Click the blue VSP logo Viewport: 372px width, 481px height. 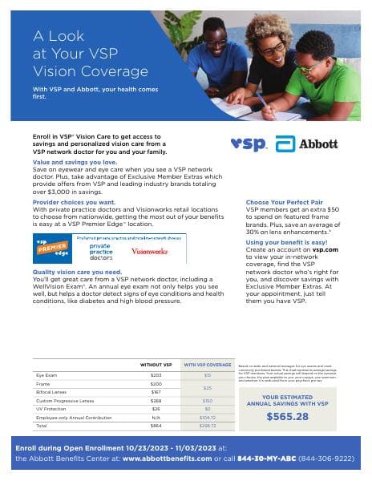(248, 144)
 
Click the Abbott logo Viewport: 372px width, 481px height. (307, 144)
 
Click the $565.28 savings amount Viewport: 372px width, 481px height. (286, 416)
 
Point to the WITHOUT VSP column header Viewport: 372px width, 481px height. (156, 365)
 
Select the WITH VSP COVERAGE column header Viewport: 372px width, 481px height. (207, 365)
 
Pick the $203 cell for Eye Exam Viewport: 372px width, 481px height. (156, 375)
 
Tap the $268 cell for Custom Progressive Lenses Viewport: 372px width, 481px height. (156, 400)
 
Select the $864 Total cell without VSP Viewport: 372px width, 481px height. (156, 426)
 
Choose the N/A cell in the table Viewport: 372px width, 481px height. (156, 418)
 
